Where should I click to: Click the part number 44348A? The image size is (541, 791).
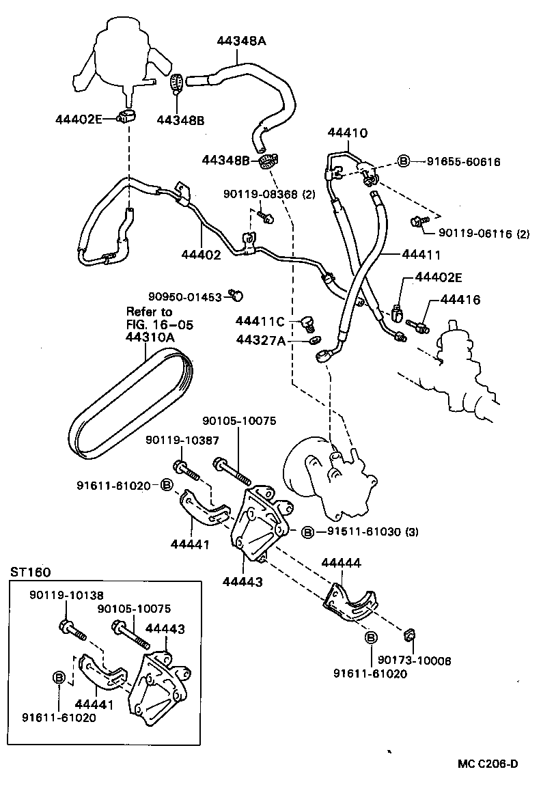[242, 41]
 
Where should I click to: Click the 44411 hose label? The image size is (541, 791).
[420, 254]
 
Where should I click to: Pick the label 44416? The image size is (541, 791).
[460, 299]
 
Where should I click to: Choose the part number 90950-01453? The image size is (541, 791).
[185, 296]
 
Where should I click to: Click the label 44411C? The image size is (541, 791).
[260, 321]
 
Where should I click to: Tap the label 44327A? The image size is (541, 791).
[260, 339]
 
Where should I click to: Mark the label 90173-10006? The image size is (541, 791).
[414, 661]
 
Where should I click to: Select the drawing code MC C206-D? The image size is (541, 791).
[488, 763]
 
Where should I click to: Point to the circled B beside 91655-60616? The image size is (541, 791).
[403, 162]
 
